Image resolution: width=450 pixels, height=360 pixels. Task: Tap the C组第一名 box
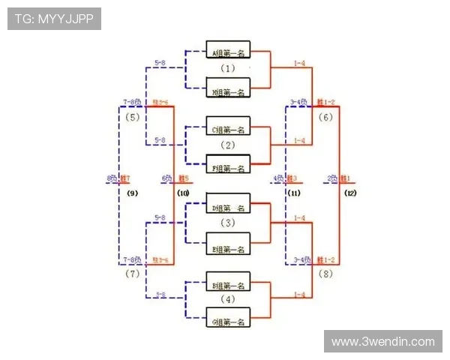pyautogui.click(x=229, y=129)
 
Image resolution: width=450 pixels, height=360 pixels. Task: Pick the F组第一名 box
pyautogui.click(x=229, y=168)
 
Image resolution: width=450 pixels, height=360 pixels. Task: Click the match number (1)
pyautogui.click(x=228, y=68)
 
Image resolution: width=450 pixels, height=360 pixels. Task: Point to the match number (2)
pyautogui.click(x=228, y=145)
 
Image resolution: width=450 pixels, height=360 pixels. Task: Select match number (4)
pyautogui.click(x=228, y=301)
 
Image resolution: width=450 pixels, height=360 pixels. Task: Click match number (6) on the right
pyautogui.click(x=325, y=117)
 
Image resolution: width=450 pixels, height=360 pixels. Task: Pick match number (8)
pyautogui.click(x=325, y=274)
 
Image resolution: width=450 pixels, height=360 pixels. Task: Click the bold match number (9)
pyautogui.click(x=132, y=193)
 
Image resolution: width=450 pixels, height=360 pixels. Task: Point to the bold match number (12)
pyautogui.click(x=350, y=193)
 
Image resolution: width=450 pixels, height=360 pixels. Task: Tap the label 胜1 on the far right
pyautogui.click(x=346, y=178)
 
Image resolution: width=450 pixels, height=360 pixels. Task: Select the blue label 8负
pyautogui.click(x=112, y=178)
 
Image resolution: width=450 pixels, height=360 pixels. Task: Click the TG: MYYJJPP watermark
pyautogui.click(x=54, y=19)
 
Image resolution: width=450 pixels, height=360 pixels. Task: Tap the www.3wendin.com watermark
pyautogui.click(x=383, y=342)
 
